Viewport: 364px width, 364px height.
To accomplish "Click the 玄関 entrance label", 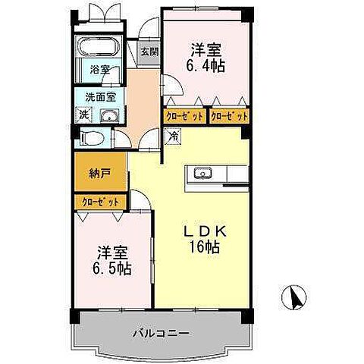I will tap(149, 52).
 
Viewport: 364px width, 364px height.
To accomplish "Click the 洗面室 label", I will tap(100, 97).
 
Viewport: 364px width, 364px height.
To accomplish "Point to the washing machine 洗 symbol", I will tap(82, 115).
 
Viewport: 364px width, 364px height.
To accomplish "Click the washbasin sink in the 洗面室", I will tap(110, 115).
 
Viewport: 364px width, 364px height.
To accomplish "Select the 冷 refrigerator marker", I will tap(172, 137).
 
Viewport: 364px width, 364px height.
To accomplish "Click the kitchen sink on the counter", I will tap(204, 174).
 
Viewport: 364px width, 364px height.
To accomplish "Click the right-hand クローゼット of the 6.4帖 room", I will tap(231, 116).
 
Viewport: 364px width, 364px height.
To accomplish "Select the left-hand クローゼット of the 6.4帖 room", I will tap(184, 116).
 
